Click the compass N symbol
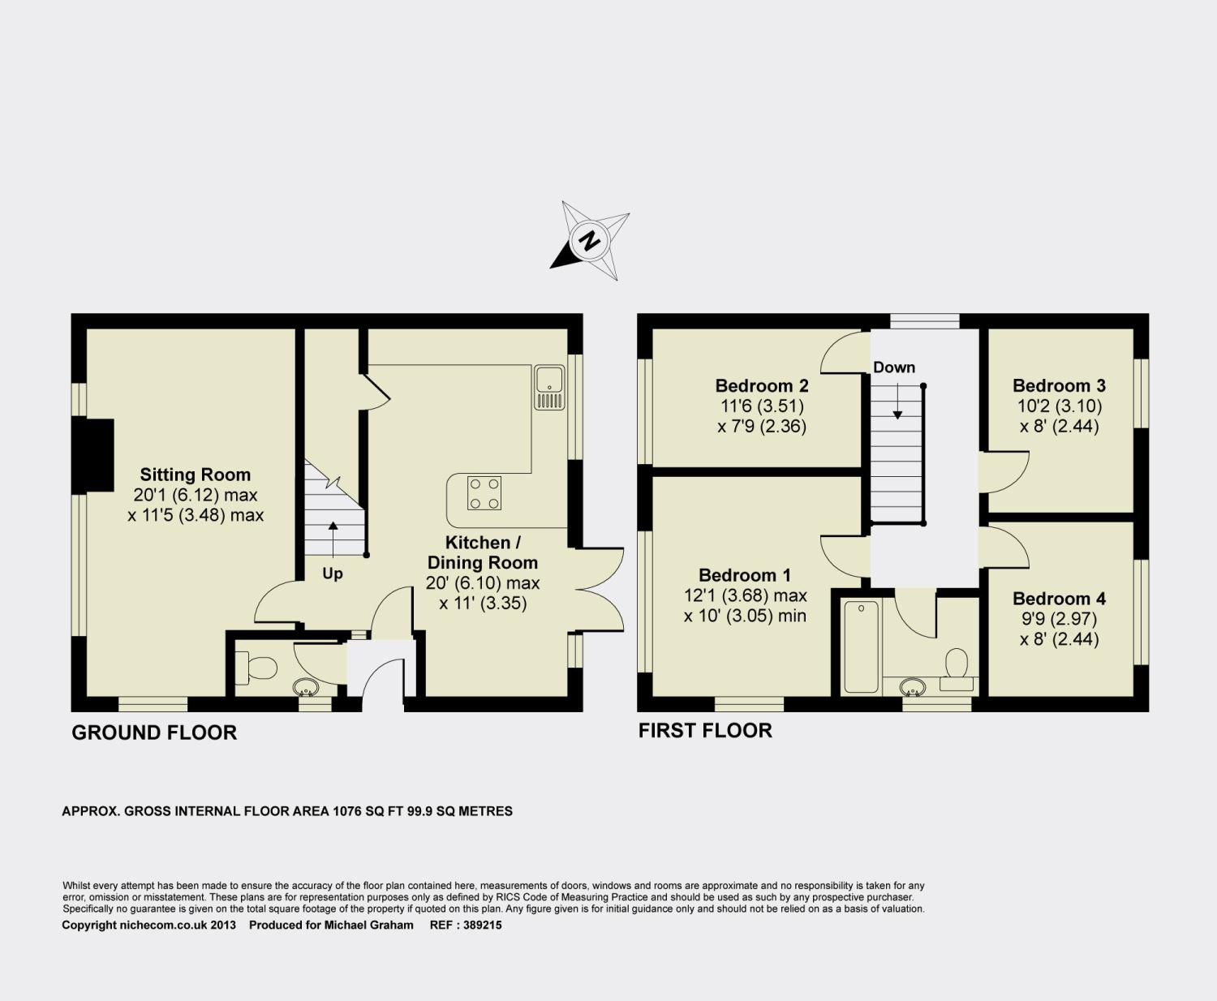click(589, 240)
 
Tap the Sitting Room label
click(196, 475)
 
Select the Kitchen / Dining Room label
click(483, 552)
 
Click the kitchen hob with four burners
click(484, 493)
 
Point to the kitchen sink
click(549, 387)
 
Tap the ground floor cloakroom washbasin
click(306, 687)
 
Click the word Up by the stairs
click(333, 574)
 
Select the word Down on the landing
click(894, 367)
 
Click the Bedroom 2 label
click(762, 385)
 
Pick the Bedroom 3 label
click(1059, 385)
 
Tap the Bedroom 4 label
click(1059, 599)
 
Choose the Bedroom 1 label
click(744, 575)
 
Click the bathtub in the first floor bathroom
click(861, 647)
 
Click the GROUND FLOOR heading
click(154, 732)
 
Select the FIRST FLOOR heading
click(705, 730)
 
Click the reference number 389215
click(483, 926)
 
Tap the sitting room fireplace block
click(93, 456)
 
